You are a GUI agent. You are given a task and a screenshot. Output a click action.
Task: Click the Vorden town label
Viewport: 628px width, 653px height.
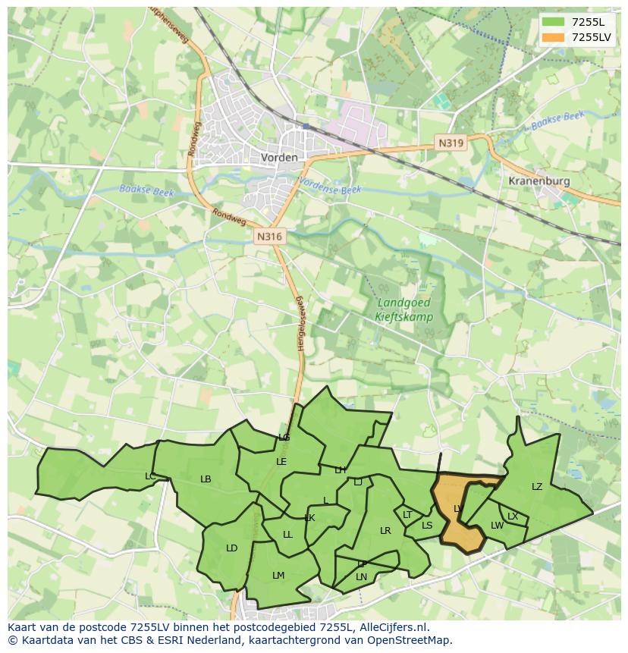pos(279,158)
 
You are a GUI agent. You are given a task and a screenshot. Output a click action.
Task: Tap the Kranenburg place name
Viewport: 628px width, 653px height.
pos(539,182)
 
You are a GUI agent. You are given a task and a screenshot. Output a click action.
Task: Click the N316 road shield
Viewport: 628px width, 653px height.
pos(269,237)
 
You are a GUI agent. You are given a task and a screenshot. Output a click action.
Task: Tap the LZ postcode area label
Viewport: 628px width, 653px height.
pos(537,487)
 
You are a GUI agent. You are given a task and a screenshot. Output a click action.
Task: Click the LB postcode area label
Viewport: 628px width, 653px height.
pos(206,479)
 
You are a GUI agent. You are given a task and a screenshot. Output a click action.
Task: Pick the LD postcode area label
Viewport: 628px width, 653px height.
pos(232,548)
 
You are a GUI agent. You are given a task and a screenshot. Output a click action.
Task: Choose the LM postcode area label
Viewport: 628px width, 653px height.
pos(278,576)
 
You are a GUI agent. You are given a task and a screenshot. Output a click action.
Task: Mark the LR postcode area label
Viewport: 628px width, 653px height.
pos(385,531)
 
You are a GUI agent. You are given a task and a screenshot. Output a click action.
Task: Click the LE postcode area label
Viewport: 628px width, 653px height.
pos(281,461)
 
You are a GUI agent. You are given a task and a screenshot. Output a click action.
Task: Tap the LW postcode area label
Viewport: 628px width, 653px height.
pos(497,526)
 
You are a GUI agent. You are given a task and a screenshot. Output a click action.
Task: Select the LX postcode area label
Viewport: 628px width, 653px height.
pos(513,516)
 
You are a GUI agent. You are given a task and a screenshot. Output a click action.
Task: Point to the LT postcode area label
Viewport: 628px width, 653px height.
pos(407,515)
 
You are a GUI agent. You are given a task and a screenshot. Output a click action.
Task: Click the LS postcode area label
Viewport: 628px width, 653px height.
pos(427,526)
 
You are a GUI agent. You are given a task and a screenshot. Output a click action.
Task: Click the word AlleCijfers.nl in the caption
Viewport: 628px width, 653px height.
pos(393,627)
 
